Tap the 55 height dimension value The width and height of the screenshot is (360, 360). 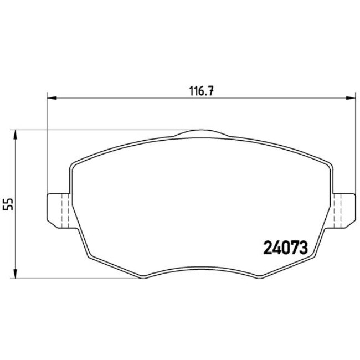click(x=8, y=204)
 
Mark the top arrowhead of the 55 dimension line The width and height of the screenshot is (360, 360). click(x=16, y=135)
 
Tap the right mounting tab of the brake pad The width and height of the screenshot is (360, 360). click(x=344, y=210)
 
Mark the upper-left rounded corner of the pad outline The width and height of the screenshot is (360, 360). click(x=74, y=164)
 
